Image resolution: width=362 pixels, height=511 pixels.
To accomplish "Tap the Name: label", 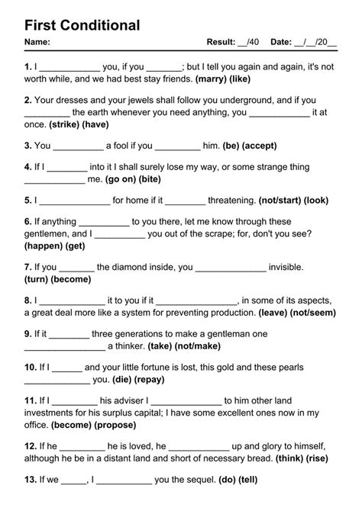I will click(37, 41).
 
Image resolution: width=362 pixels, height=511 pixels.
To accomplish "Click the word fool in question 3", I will click(124, 145).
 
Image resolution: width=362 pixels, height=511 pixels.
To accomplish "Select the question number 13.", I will click(30, 479).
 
